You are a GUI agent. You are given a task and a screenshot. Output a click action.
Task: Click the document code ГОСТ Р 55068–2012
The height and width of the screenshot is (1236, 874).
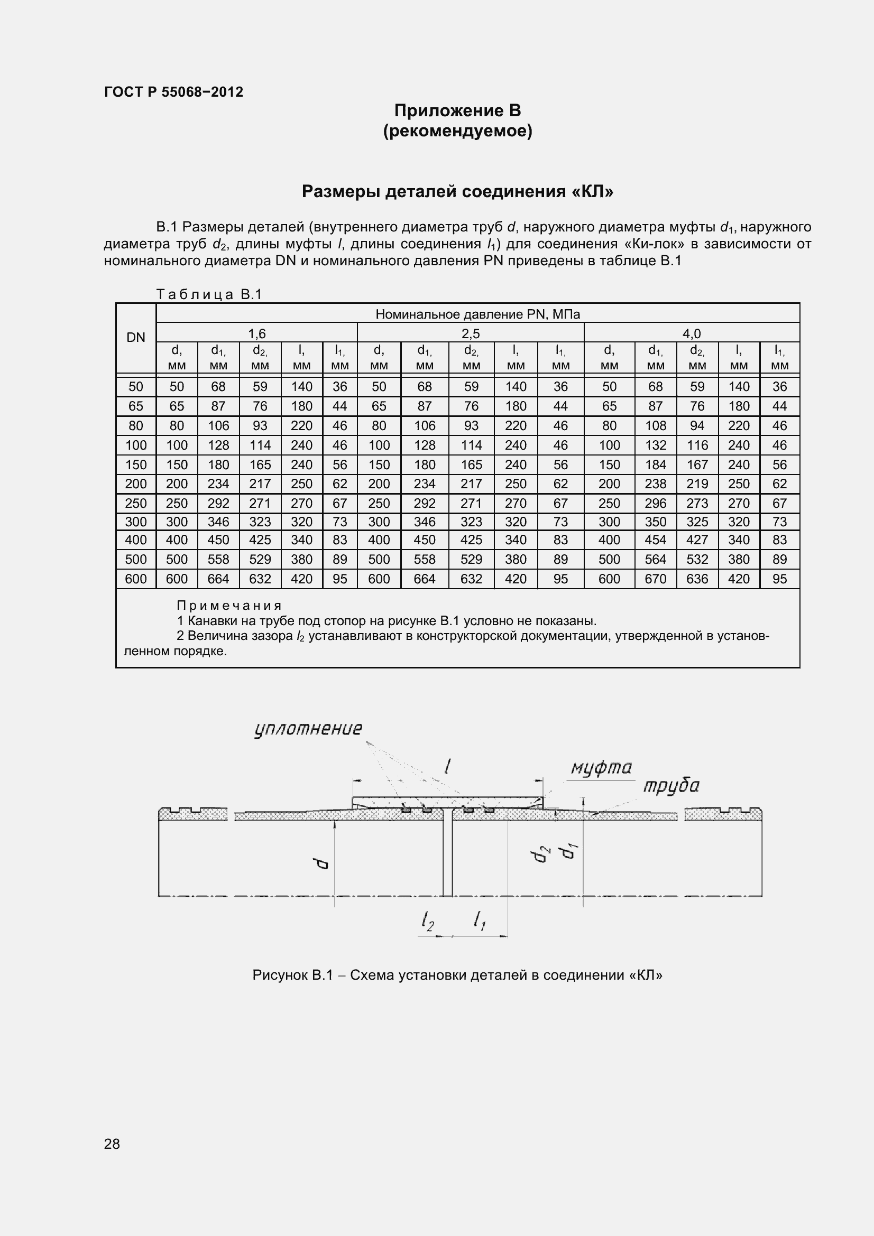tap(173, 92)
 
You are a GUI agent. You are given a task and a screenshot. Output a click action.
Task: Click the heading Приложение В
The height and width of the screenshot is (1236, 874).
tap(457, 110)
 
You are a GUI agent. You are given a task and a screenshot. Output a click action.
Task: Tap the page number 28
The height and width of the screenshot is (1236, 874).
tap(112, 1144)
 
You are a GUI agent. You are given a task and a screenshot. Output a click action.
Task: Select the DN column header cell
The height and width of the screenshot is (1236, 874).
tap(136, 338)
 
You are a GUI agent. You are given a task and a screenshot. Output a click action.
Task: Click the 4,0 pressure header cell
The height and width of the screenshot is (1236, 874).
tap(692, 333)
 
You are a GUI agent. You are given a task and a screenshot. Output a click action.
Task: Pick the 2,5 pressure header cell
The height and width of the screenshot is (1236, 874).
tap(470, 333)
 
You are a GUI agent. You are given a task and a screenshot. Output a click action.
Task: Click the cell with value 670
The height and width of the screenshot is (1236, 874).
tap(655, 579)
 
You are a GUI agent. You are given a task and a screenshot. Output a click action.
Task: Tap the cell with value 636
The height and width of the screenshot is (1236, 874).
tap(697, 579)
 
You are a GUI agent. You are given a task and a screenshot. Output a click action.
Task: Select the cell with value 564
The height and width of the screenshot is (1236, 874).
tap(655, 560)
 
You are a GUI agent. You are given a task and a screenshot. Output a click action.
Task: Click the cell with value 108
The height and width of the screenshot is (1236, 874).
tap(655, 426)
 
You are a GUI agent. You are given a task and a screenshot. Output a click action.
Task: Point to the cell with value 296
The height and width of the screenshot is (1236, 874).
tap(655, 504)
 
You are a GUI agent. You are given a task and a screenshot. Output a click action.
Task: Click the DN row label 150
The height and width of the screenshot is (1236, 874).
tap(136, 464)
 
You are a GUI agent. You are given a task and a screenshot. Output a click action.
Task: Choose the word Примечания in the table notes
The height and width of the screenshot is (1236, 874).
tap(229, 606)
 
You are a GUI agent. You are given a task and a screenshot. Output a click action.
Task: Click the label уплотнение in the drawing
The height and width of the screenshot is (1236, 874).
tap(308, 729)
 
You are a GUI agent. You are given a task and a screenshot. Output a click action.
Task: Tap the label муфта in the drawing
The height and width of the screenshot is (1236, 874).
tap(601, 768)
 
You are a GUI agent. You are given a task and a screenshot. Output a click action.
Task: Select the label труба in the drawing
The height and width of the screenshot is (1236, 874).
tap(671, 786)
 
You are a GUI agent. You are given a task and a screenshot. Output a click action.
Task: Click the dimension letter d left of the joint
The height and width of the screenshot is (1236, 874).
tap(321, 863)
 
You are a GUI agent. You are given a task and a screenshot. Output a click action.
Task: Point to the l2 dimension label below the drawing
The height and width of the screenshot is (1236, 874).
tap(428, 921)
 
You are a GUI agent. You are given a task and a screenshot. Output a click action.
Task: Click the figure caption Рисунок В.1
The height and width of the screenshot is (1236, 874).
tap(457, 975)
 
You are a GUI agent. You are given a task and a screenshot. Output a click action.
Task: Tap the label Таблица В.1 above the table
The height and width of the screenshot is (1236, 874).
tap(209, 294)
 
